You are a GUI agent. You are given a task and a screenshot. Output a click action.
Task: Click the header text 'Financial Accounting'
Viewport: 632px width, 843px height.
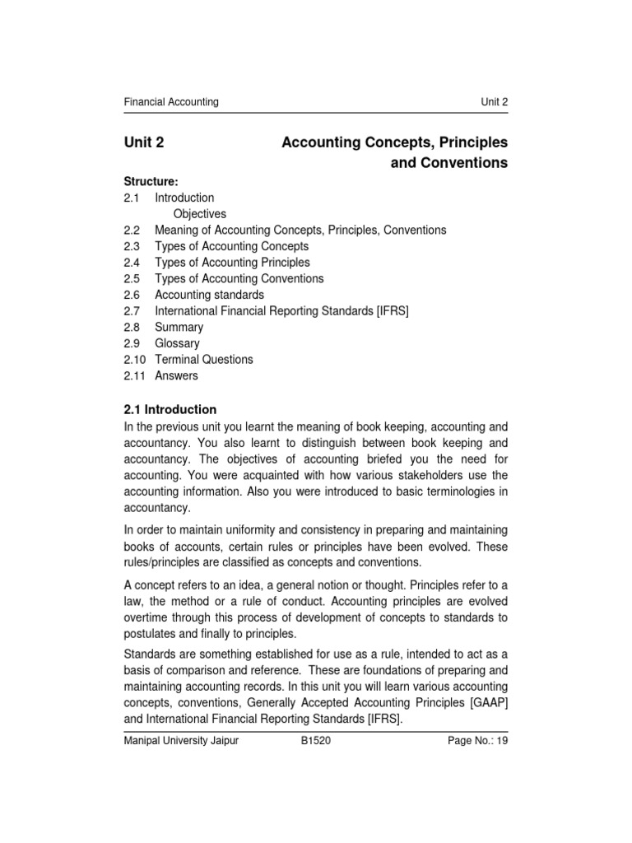pos(171,102)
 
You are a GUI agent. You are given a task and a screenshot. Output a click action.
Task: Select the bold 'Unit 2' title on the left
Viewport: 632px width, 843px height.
pos(144,142)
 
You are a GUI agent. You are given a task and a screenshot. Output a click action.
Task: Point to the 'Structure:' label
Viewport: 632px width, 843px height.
pos(151,181)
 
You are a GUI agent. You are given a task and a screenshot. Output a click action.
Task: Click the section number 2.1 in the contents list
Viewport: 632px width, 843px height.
pos(132,198)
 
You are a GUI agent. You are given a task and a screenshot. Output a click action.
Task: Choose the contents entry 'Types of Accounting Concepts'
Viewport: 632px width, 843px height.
pos(231,246)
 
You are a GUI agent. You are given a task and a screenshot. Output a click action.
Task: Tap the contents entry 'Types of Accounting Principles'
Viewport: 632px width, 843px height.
pos(232,263)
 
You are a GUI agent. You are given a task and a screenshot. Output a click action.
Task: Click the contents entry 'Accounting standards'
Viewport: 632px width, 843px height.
pos(209,295)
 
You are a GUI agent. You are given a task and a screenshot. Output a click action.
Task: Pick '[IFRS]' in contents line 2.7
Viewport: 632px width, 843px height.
pos(392,311)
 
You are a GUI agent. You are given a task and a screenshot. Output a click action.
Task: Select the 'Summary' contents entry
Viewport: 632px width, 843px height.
pos(179,327)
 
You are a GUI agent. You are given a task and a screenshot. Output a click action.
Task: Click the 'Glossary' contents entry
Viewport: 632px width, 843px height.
pos(177,343)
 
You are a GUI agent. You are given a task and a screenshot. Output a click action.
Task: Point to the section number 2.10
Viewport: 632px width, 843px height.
pos(135,360)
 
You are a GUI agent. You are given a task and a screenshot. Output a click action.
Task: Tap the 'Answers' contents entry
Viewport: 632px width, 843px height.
pos(176,375)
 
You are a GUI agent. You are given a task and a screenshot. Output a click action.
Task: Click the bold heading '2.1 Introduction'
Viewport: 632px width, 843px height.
pos(170,409)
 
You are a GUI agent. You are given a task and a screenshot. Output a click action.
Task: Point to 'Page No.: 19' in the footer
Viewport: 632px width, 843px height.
pos(477,741)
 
